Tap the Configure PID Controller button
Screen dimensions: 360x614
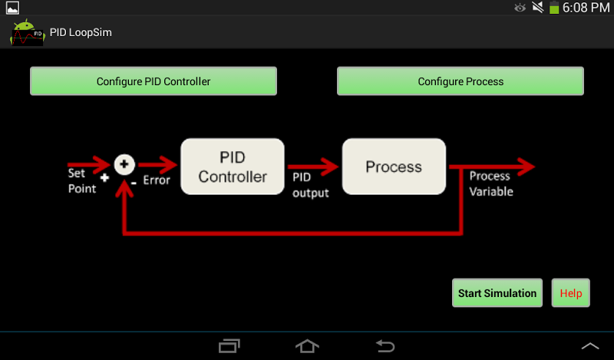[153, 81]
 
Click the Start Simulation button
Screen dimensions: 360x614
[497, 293]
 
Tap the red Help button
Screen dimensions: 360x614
[570, 293]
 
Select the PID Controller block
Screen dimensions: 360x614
[232, 167]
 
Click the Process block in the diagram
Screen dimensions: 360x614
[394, 167]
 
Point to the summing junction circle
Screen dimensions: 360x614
[124, 163]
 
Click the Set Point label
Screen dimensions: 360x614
[81, 180]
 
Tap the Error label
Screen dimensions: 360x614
[157, 181]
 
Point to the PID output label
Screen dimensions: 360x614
[310, 185]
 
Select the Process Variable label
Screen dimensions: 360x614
[491, 184]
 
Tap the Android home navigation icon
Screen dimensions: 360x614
[307, 346]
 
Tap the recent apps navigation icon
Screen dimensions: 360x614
[229, 346]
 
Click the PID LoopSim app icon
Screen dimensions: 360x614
[27, 33]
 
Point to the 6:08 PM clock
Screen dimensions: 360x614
[586, 8]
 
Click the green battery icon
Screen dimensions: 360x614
[554, 8]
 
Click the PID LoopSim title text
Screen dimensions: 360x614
[81, 33]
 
